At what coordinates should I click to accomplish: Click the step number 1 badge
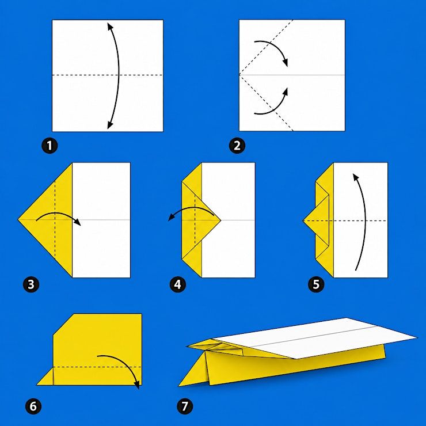click(50, 146)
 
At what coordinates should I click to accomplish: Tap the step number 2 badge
click(237, 146)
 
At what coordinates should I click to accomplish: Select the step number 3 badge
click(31, 284)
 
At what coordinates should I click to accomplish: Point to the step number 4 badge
click(177, 284)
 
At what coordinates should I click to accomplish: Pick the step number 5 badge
click(316, 284)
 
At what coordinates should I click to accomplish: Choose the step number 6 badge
click(33, 406)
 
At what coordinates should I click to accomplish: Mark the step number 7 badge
click(185, 406)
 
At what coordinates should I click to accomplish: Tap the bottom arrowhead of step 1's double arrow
click(110, 125)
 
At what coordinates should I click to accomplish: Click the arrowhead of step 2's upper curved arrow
click(285, 63)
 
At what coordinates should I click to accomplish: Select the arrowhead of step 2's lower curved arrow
click(285, 92)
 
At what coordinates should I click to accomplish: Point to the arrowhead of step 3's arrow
click(78, 222)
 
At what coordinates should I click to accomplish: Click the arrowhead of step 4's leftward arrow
click(171, 217)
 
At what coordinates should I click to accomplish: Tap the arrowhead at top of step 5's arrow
click(356, 177)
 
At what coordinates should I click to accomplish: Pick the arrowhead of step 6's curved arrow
click(138, 385)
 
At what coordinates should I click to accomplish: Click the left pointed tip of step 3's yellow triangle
click(18, 219)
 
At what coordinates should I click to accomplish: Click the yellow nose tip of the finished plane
click(179, 386)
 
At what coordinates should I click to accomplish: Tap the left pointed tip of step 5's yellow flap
click(303, 220)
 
